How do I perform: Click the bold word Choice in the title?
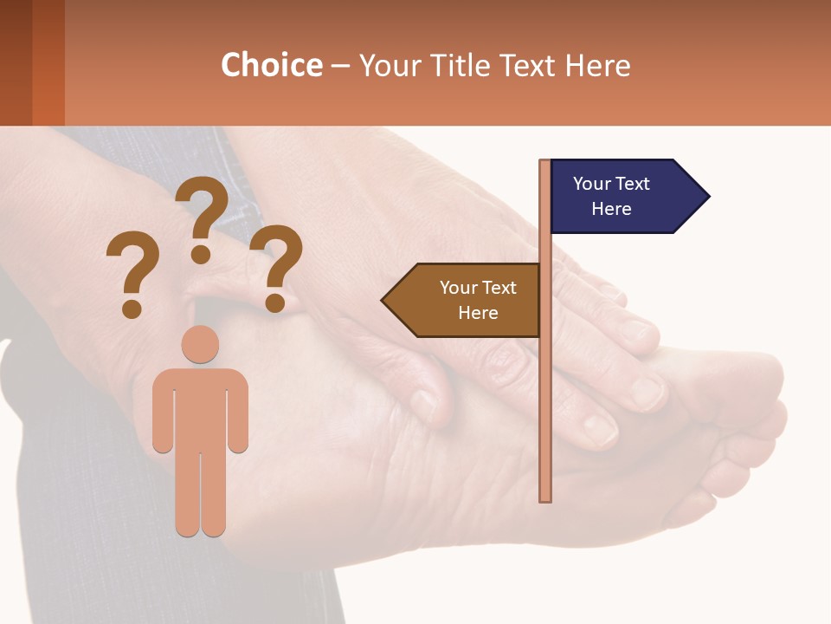pyautogui.click(x=271, y=65)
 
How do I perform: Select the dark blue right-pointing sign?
pyautogui.click(x=623, y=196)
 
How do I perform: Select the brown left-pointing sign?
pyautogui.click(x=467, y=300)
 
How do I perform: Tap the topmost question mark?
pyautogui.click(x=203, y=217)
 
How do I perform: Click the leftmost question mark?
pyautogui.click(x=132, y=273)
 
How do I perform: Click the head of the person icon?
pyautogui.click(x=200, y=344)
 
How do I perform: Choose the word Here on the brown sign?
pyautogui.click(x=478, y=313)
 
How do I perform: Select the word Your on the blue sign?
pyautogui.click(x=592, y=184)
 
